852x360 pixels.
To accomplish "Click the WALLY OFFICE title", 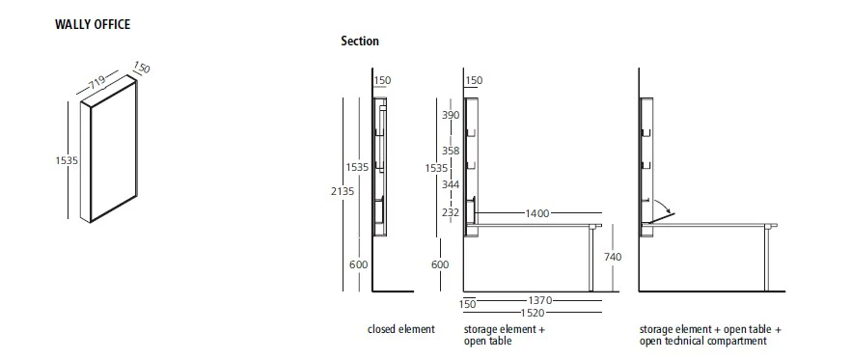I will (x=94, y=24).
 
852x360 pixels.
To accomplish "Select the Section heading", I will (x=360, y=42).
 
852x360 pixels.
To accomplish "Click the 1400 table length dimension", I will (x=536, y=212).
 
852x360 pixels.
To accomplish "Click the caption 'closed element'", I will (x=401, y=330).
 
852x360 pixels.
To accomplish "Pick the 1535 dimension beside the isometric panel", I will (x=67, y=161).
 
